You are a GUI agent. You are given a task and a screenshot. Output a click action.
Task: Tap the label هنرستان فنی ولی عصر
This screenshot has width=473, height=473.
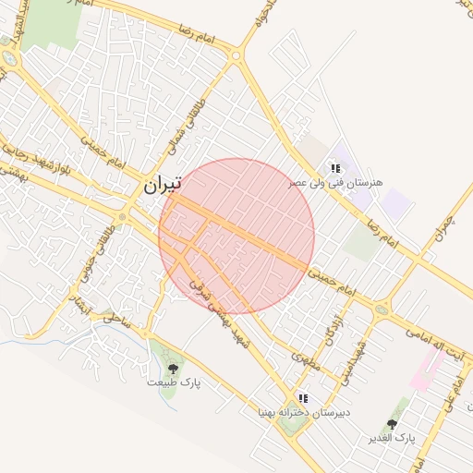coord(334,183)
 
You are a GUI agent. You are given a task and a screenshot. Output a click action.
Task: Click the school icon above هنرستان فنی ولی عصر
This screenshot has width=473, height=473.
coord(335,168)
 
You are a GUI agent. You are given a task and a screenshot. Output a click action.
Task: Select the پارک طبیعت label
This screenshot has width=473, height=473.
coord(173,382)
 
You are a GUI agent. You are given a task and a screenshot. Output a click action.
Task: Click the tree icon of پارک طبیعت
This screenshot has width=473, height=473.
coord(173,369)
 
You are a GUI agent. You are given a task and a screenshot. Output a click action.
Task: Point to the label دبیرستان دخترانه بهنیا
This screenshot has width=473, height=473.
coord(302,413)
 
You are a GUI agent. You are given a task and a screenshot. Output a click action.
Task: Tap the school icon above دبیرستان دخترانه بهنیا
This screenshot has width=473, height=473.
coord(303,398)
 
